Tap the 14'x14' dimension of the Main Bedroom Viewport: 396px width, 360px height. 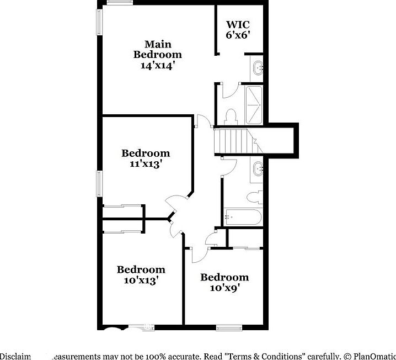(158, 64)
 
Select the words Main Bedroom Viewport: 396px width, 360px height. (158, 49)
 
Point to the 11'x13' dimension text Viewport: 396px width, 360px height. (146, 163)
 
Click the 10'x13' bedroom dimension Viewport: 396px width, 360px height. (141, 280)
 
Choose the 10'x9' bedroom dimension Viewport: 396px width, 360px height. (224, 288)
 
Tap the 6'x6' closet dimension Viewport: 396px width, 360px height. (239, 34)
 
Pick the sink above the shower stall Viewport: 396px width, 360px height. (258, 68)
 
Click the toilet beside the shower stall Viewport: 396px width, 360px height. (231, 116)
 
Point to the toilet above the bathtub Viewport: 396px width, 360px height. (254, 197)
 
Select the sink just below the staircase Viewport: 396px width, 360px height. (258, 168)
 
